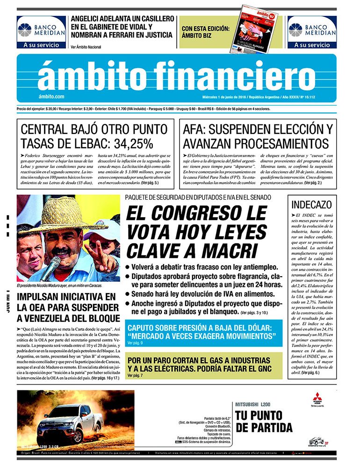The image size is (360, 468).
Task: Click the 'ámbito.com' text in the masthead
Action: [52, 96]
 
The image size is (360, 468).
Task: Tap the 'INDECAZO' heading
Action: [311, 205]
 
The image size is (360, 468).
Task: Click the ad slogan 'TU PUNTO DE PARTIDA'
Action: [259, 421]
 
